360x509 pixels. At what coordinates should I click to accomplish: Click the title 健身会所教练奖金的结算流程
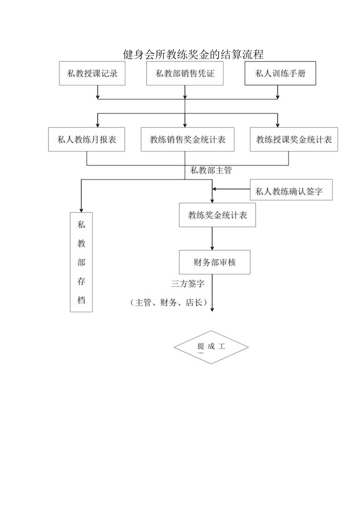pyautogui.click(x=193, y=54)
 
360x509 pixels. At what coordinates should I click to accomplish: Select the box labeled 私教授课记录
pyautogui.click(x=92, y=73)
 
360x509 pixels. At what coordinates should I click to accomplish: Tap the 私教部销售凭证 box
pyautogui.click(x=185, y=73)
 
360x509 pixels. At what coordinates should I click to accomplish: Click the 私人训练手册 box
pyautogui.click(x=280, y=73)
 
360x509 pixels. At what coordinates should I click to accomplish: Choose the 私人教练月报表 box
pyautogui.click(x=87, y=139)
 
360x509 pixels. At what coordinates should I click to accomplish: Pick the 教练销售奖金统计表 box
pyautogui.click(x=187, y=139)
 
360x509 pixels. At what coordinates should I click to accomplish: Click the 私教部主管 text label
pyautogui.click(x=211, y=171)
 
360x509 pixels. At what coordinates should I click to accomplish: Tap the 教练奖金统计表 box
pyautogui.click(x=217, y=215)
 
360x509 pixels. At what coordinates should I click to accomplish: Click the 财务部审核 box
pyautogui.click(x=214, y=262)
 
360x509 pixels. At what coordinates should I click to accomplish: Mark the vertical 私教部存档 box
pyautogui.click(x=81, y=262)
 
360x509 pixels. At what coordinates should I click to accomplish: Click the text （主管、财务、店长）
pyautogui.click(x=168, y=302)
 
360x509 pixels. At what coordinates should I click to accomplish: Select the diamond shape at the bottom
pyautogui.click(x=211, y=347)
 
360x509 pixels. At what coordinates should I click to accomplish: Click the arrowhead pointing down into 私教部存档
pyautogui.click(x=81, y=209)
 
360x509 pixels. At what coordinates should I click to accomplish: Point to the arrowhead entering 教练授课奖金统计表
pyautogui.click(x=277, y=124)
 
